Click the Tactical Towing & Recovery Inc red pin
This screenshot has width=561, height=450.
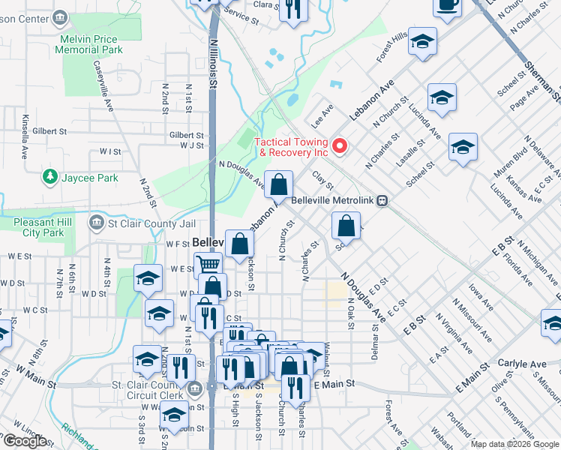pyautogui.click(x=338, y=145)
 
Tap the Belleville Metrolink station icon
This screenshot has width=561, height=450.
pyautogui.click(x=382, y=201)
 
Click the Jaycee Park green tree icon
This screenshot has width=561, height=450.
pyautogui.click(x=50, y=178)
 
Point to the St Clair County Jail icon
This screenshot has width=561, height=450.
pyautogui.click(x=97, y=223)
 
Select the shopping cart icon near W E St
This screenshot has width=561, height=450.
pyautogui.click(x=208, y=264)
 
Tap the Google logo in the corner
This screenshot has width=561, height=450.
pyautogui.click(x=25, y=441)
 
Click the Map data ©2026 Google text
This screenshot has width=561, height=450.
pyautogui.click(x=514, y=444)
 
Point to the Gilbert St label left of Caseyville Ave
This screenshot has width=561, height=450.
pyautogui.click(x=49, y=131)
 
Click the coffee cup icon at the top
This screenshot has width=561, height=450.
pyautogui.click(x=448, y=5)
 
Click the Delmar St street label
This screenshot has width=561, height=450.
pyautogui.click(x=374, y=342)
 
